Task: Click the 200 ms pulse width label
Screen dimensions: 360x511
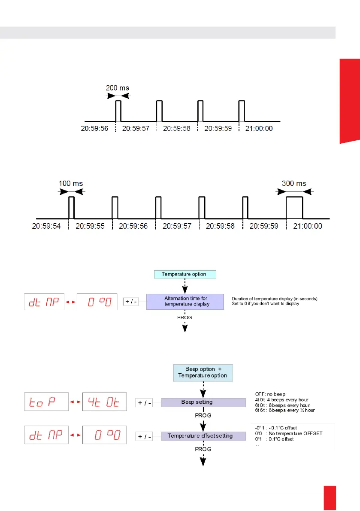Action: [118, 88]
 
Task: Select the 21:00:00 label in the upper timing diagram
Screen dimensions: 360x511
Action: [258, 128]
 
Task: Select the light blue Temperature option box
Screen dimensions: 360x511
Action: [184, 274]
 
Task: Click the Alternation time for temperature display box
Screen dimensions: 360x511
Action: [185, 301]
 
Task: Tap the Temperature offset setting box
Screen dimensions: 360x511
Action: [200, 436]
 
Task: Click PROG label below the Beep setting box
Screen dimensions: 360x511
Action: [203, 416]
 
